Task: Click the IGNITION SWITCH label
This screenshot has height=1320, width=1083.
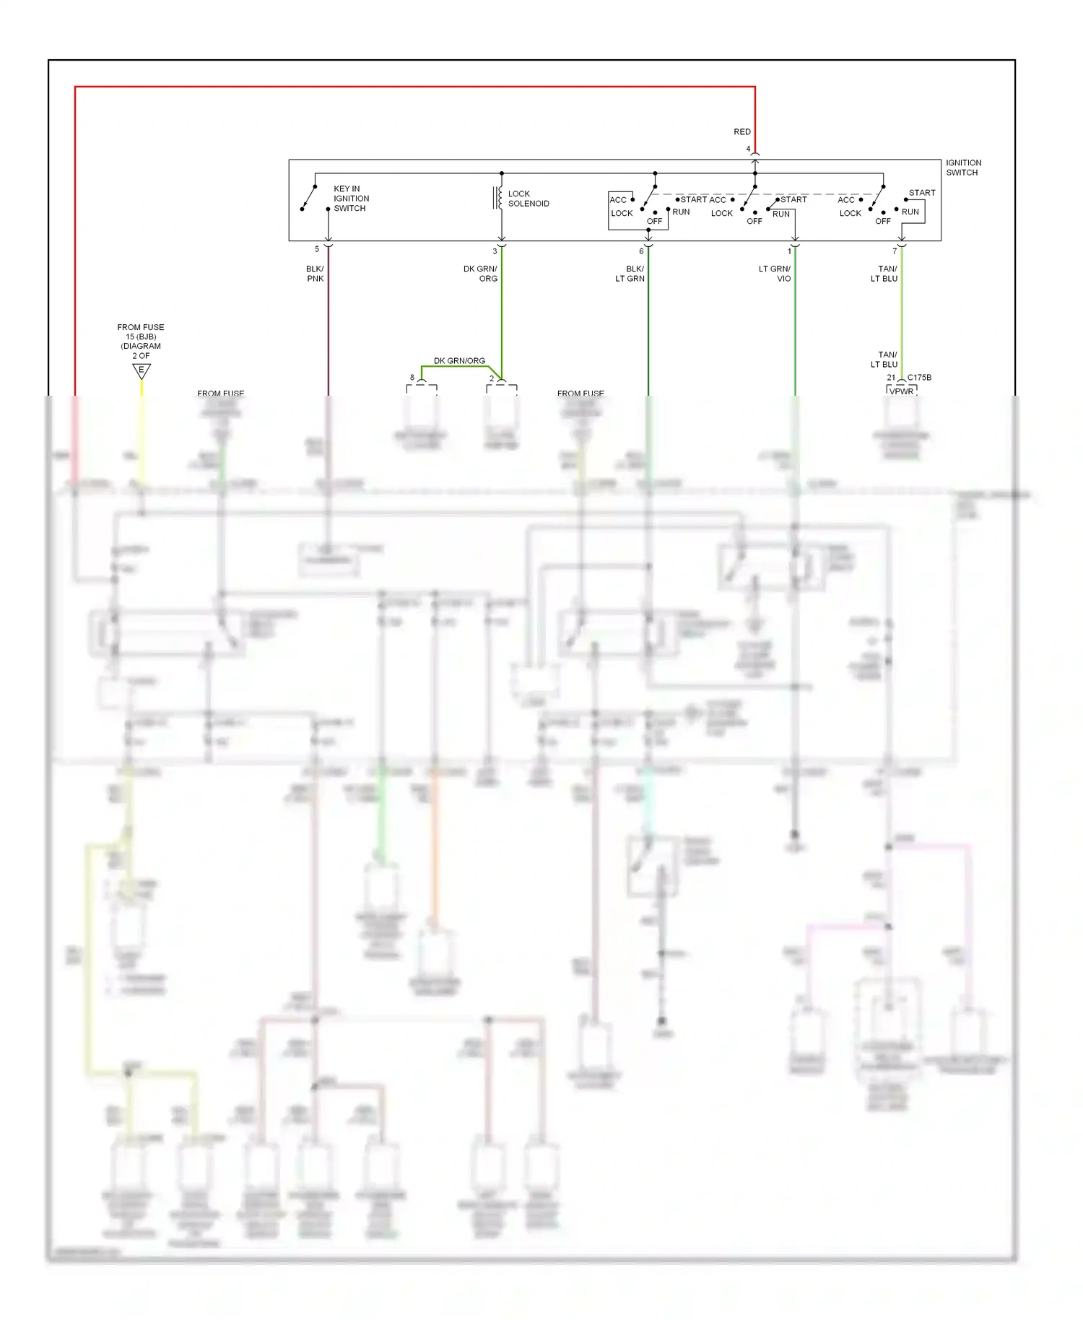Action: [x=963, y=168]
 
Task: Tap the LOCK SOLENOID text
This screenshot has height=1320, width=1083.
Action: [x=528, y=199]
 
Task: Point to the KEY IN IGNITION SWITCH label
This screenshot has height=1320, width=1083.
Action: [x=351, y=199]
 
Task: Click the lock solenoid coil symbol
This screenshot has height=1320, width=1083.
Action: [x=499, y=198]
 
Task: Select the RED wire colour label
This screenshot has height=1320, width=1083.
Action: [x=742, y=131]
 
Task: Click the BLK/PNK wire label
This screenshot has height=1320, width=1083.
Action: [x=315, y=274]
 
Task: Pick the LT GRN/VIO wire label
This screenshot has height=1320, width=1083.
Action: [x=775, y=274]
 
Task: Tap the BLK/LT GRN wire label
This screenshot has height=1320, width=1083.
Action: [x=630, y=274]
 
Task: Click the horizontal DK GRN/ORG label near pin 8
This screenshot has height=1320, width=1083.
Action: [x=459, y=360]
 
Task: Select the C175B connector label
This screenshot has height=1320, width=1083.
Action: [x=919, y=378]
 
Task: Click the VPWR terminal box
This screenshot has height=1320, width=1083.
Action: [x=901, y=391]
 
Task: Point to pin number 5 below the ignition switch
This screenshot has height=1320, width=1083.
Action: [x=316, y=249]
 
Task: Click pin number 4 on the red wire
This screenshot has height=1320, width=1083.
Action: [x=748, y=149]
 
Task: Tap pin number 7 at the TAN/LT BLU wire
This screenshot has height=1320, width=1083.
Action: [x=895, y=251]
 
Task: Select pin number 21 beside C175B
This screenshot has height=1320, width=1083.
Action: [x=891, y=378]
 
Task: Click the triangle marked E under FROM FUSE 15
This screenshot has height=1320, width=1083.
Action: [x=142, y=371]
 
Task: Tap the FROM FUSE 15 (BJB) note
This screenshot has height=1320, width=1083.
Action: [x=141, y=341]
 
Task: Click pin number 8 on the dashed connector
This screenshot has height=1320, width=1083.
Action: [x=412, y=378]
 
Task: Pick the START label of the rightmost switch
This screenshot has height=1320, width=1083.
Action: [x=921, y=193]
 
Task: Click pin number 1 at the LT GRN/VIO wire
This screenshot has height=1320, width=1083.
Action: [x=789, y=251]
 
